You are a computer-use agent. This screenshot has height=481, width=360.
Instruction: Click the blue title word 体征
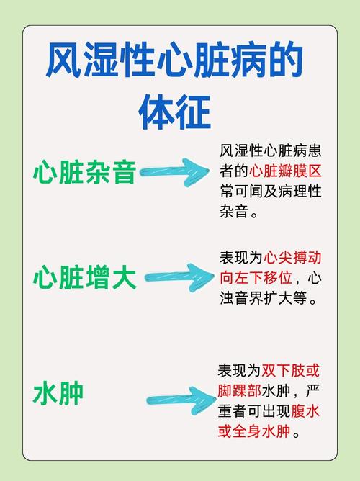(x=175, y=112)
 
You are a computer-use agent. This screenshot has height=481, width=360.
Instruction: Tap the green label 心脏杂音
(x=84, y=172)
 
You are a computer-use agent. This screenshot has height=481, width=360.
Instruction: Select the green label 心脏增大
(x=84, y=278)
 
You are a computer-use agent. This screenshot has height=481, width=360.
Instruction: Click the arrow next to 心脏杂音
(x=174, y=172)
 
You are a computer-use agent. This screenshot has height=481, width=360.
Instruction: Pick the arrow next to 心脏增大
(x=179, y=277)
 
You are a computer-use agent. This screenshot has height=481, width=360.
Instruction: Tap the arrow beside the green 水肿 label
(x=181, y=400)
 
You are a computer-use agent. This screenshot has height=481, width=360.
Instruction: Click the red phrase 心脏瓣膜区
(x=285, y=171)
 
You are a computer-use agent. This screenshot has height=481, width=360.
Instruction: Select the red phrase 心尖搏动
(x=292, y=257)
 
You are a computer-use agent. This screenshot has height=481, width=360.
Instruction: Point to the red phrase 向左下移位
(x=256, y=278)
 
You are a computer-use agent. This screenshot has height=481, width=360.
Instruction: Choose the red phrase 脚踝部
(x=239, y=391)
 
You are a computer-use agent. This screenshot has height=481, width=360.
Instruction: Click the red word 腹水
(x=305, y=411)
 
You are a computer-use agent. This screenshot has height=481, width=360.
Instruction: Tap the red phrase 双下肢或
(x=290, y=371)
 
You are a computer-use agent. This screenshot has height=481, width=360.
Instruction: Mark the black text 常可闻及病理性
(x=271, y=192)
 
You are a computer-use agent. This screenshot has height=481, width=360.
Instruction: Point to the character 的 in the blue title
(x=285, y=60)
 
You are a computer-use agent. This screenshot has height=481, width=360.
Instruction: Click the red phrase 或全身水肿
(x=254, y=431)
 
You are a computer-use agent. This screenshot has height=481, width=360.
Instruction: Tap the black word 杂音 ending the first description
(x=234, y=212)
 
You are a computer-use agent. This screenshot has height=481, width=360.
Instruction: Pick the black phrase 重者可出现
(x=253, y=411)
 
